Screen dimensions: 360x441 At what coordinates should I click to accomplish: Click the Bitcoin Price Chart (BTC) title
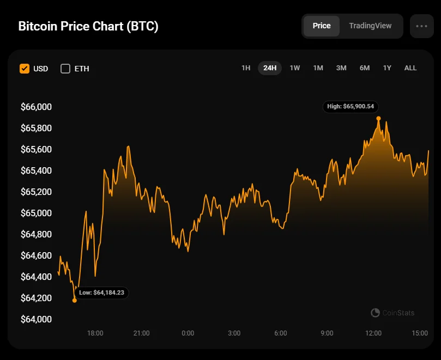(88, 27)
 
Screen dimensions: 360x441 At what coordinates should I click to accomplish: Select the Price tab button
(322, 26)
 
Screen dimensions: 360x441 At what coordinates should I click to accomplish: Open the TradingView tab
(370, 26)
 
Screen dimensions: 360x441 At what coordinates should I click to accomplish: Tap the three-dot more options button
(421, 26)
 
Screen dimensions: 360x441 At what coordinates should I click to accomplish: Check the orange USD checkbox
(25, 69)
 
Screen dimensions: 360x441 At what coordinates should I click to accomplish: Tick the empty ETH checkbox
(65, 69)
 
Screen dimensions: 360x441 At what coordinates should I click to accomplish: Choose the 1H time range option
(246, 68)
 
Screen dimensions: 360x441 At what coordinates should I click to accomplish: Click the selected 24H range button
(270, 68)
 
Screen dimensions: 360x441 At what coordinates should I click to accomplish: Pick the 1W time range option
(295, 68)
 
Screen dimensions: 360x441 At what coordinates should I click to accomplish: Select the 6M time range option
(365, 68)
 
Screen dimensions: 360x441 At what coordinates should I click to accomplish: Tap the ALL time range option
(410, 68)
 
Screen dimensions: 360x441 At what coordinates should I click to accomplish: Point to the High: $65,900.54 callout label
(352, 107)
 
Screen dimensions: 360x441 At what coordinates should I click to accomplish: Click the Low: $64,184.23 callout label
(101, 292)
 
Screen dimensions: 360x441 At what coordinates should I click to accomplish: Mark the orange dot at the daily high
(378, 118)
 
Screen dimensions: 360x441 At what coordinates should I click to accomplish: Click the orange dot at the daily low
(75, 300)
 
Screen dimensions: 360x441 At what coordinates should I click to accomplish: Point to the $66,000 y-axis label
(36, 107)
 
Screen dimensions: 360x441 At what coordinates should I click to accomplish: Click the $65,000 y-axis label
(36, 213)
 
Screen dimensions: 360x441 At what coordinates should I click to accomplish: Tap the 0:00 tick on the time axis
(188, 333)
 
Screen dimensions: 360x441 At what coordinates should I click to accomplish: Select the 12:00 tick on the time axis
(373, 333)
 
